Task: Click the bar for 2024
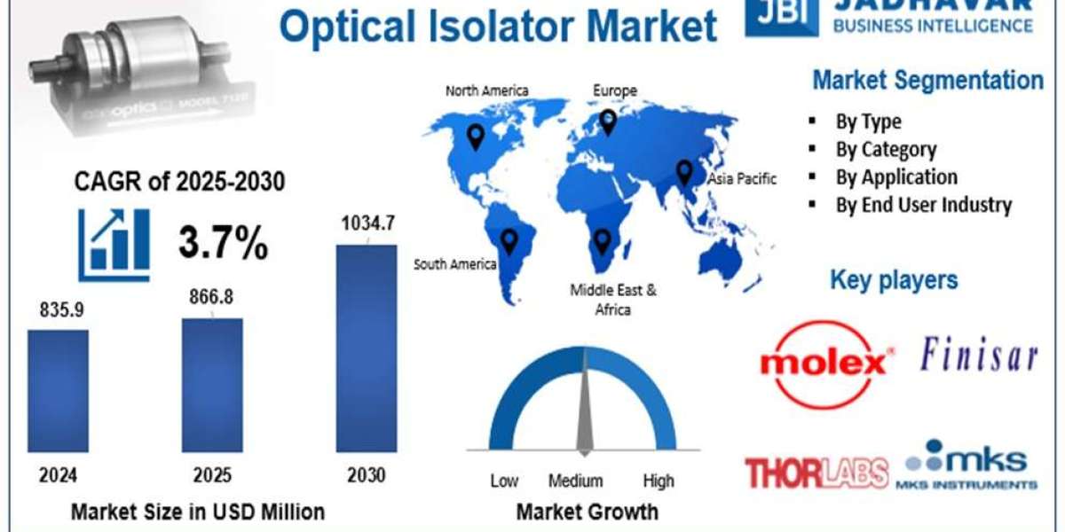point(58,390)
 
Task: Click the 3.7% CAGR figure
point(223,243)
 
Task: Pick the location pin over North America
point(477,137)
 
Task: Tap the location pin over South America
point(509,240)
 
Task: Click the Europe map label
point(615,90)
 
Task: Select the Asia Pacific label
point(742,179)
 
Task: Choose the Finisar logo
point(978,356)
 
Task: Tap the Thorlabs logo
point(816,473)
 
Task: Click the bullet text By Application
point(895,177)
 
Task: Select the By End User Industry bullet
point(923,205)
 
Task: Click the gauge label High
point(659,481)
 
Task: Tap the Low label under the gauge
point(504,481)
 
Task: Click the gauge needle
point(584,408)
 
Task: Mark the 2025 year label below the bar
point(211,475)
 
